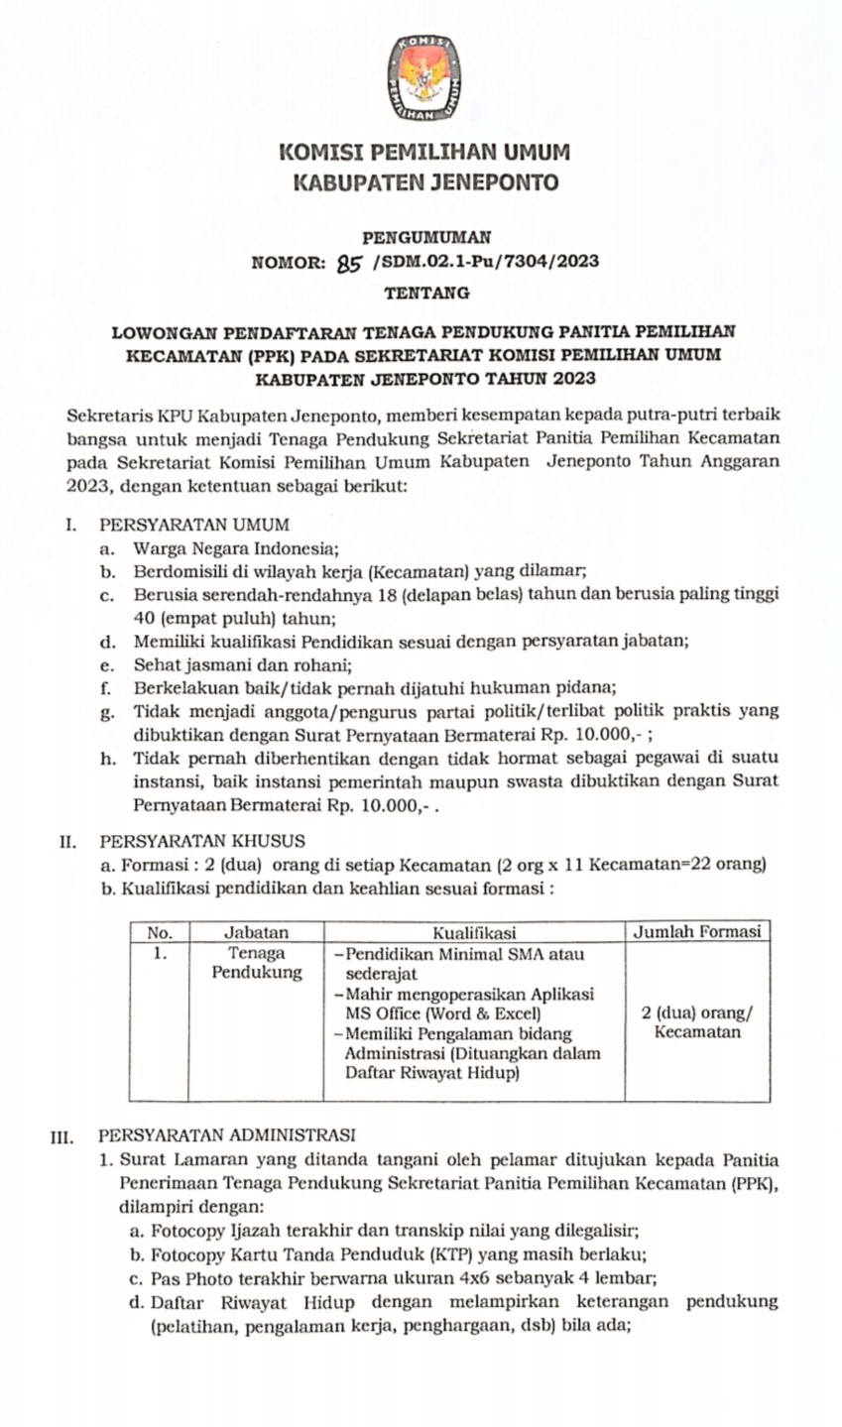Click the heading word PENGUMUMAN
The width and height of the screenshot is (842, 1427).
(426, 237)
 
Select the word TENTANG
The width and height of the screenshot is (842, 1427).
(426, 293)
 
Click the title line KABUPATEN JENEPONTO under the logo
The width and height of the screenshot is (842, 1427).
(425, 182)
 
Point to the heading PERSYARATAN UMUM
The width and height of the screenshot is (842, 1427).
(194, 525)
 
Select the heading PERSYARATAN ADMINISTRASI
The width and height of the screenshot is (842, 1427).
(227, 1135)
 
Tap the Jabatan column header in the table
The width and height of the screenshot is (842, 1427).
(256, 932)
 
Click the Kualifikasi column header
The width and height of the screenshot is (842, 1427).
(474, 932)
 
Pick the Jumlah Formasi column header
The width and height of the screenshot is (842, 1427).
(697, 931)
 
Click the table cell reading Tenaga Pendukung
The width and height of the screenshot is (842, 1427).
(256, 963)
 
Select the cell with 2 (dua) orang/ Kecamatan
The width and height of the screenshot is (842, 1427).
(697, 1022)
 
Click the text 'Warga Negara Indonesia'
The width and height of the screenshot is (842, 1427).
(236, 547)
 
